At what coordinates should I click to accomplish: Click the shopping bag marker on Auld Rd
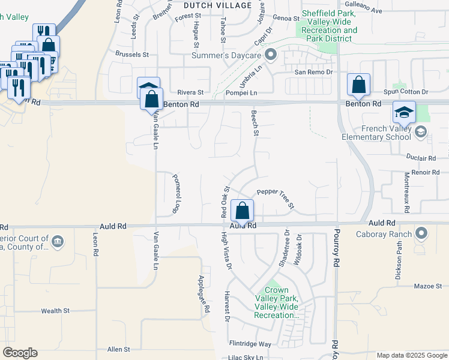242,211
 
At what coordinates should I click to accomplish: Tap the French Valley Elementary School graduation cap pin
404,112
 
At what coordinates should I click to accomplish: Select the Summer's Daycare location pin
271,56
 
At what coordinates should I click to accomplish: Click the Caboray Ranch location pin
421,233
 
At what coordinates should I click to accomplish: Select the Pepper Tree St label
276,199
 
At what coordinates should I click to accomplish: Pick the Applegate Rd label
203,294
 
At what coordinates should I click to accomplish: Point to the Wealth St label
55,311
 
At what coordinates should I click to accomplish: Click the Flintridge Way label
250,344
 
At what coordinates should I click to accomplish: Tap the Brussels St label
133,55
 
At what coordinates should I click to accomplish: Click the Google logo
20,353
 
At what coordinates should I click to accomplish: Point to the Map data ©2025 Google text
411,355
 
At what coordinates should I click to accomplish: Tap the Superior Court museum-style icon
57,242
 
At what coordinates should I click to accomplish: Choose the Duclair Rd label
420,158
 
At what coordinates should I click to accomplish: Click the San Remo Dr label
312,72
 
